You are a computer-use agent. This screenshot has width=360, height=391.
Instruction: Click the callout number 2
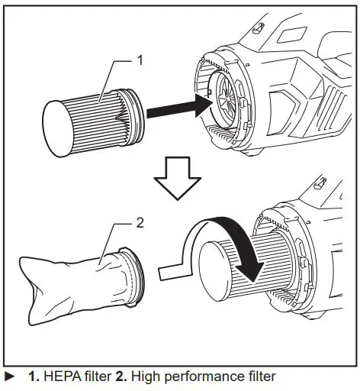click(x=139, y=224)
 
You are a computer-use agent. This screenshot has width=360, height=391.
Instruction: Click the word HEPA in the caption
click(x=60, y=376)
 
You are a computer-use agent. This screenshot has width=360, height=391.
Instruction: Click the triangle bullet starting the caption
click(x=8, y=376)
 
